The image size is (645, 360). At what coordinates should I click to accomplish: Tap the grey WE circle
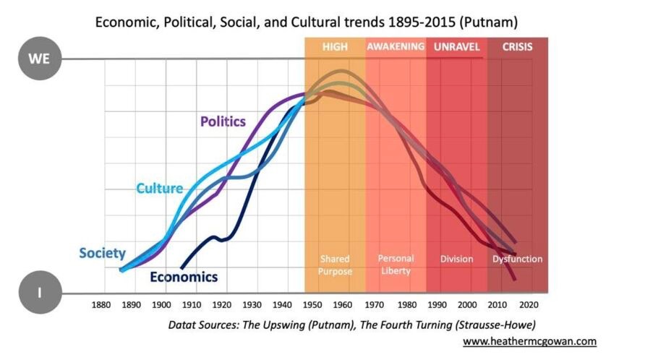click(38, 59)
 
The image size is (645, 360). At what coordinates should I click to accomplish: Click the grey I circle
click(38, 293)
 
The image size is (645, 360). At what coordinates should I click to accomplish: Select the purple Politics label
click(223, 121)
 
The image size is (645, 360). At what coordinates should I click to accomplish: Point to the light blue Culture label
click(159, 189)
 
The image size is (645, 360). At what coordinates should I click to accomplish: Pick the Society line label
click(102, 253)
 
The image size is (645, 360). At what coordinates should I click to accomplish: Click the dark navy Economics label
click(184, 276)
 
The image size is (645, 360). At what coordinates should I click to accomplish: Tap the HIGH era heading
click(335, 47)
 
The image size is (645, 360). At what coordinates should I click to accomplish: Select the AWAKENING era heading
click(396, 47)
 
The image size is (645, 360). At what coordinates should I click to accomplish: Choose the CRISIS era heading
click(517, 47)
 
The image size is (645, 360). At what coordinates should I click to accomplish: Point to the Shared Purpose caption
click(336, 265)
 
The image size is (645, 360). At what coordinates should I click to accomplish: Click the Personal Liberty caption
click(396, 265)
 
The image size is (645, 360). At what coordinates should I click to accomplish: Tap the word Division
click(456, 259)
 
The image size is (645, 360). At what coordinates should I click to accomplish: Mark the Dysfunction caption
click(518, 259)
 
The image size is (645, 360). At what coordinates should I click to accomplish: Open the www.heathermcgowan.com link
click(529, 340)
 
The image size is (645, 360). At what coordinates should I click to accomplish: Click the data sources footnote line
click(352, 325)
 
